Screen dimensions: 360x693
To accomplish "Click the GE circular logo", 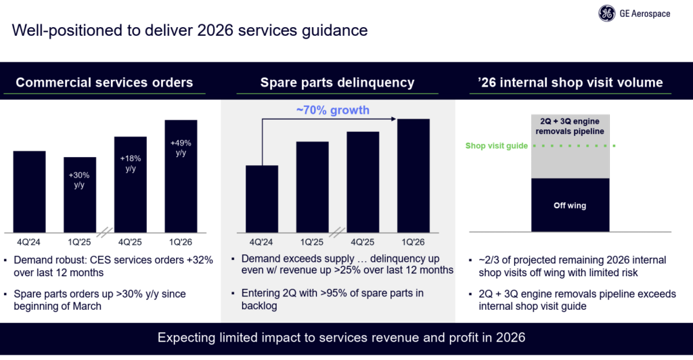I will pyautogui.click(x=606, y=14).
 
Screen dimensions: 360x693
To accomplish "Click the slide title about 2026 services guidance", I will pyautogui.click(x=190, y=30).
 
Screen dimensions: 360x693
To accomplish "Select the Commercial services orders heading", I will pyautogui.click(x=104, y=83).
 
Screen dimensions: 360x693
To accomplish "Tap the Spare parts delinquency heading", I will pyautogui.click(x=337, y=83).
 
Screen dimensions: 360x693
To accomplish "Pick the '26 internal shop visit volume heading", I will pyautogui.click(x=570, y=83).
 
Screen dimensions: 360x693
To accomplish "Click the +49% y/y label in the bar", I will pyautogui.click(x=181, y=148).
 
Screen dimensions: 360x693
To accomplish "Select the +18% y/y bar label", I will pyautogui.click(x=131, y=163).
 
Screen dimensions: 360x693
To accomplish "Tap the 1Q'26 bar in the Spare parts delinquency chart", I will pyautogui.click(x=413, y=176).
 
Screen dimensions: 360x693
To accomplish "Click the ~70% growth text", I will pyautogui.click(x=332, y=110).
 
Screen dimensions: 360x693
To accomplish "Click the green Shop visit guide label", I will pyautogui.click(x=496, y=145).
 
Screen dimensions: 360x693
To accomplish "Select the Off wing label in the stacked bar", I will pyautogui.click(x=569, y=205).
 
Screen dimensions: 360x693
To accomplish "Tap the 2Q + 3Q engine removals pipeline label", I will pyautogui.click(x=569, y=127).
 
